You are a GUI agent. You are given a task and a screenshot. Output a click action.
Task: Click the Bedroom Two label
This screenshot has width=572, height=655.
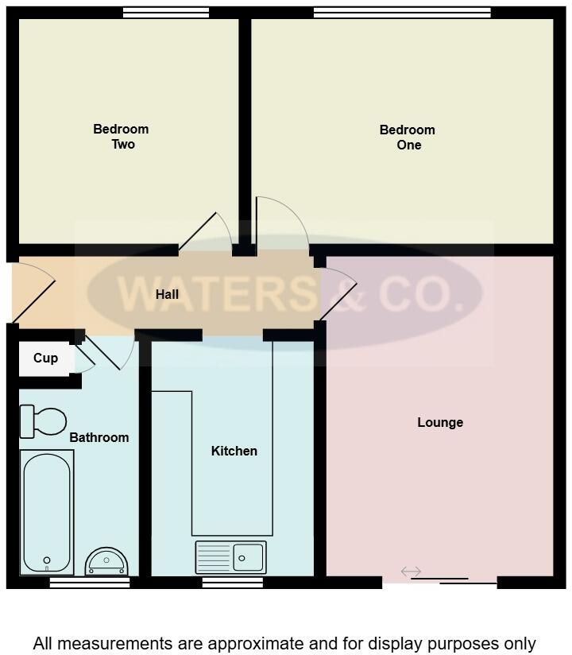click(x=121, y=137)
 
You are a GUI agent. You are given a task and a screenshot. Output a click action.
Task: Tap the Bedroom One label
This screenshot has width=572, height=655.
click(x=407, y=138)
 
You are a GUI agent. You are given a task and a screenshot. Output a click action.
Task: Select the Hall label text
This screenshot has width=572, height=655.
click(x=167, y=294)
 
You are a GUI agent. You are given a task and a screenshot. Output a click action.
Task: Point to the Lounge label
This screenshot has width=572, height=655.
click(x=440, y=423)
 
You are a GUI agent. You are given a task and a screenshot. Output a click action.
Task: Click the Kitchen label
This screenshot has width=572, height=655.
click(x=234, y=452)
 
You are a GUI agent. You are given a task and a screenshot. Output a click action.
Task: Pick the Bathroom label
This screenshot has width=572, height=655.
click(x=99, y=438)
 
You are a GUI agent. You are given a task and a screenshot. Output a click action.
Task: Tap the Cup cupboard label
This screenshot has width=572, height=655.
click(x=45, y=359)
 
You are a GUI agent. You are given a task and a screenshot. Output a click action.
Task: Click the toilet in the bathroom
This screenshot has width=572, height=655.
click(x=43, y=421)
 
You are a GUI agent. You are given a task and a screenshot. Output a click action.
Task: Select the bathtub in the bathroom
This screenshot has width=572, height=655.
click(x=47, y=512)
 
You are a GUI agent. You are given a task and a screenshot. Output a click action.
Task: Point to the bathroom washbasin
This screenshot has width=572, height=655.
click(x=106, y=561)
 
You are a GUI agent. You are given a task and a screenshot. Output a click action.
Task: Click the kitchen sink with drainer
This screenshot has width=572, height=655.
click(x=230, y=556)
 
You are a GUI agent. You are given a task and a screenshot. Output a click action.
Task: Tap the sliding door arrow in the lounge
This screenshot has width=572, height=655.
click(x=411, y=572)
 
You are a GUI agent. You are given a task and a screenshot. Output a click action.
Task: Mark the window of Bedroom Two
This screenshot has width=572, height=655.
click(x=166, y=13)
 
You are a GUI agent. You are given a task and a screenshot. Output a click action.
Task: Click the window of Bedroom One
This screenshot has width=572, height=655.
click(x=402, y=13)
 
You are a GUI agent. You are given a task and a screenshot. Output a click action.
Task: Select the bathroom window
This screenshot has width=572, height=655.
click(x=90, y=583)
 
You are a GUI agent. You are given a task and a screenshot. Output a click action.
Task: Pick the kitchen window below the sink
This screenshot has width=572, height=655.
click(x=232, y=583)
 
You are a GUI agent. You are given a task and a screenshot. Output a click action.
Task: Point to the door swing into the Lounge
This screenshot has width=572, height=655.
click(x=338, y=294)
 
